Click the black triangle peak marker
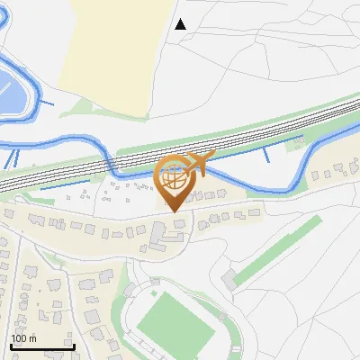181,24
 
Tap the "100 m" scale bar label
23,338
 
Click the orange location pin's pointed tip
174,211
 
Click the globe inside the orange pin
174,176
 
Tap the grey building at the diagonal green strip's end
230,278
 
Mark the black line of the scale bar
41,347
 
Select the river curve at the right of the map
292,175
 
